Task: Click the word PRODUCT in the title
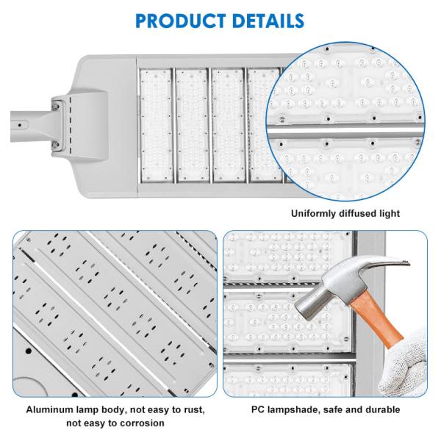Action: (x=180, y=21)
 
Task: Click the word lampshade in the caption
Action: (x=294, y=410)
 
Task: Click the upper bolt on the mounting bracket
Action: (x=57, y=106)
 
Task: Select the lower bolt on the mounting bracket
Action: (x=56, y=145)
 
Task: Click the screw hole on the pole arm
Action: (x=19, y=125)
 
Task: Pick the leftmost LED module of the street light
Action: (x=157, y=125)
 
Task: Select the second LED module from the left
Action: (x=193, y=125)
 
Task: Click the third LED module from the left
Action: (x=229, y=125)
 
